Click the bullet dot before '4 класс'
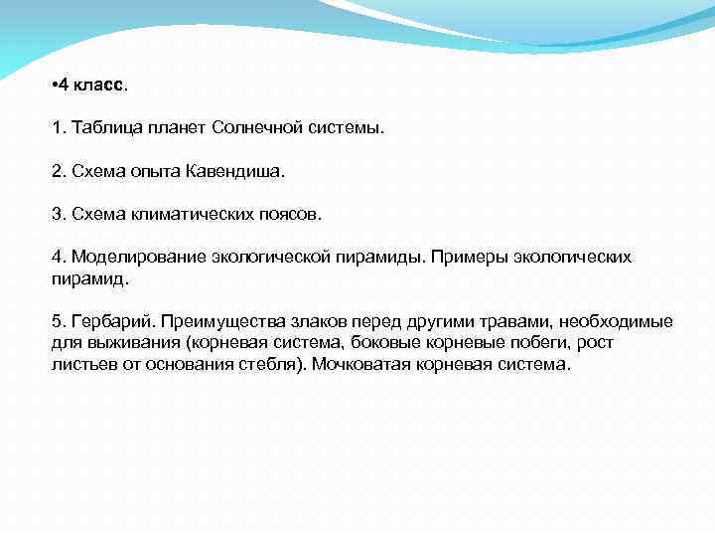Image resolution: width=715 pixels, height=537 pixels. point(55,86)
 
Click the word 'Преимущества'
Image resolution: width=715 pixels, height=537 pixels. point(224,321)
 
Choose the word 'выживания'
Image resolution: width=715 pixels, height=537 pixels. point(117,342)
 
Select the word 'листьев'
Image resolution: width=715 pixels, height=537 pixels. point(80,364)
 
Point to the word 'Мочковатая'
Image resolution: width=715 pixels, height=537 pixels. point(361,364)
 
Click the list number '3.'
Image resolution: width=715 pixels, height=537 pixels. point(59,214)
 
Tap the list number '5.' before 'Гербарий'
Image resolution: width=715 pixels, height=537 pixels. point(59,321)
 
